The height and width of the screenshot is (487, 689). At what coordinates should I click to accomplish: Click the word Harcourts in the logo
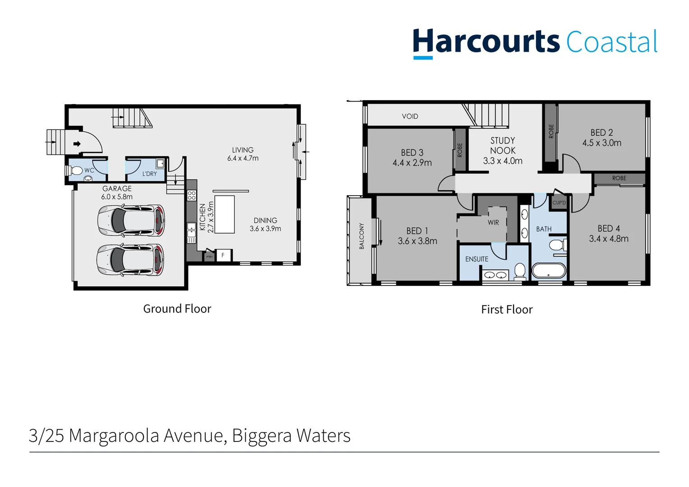click(x=486, y=42)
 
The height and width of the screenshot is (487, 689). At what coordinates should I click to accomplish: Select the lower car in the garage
click(x=130, y=260)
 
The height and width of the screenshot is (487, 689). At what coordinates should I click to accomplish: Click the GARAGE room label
click(x=117, y=188)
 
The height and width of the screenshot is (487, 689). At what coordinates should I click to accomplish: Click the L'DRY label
click(x=150, y=174)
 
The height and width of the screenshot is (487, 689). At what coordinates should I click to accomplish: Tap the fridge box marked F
click(x=223, y=255)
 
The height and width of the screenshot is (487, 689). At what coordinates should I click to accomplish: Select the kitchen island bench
click(x=224, y=214)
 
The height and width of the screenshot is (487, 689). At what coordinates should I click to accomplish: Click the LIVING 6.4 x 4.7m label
click(x=243, y=154)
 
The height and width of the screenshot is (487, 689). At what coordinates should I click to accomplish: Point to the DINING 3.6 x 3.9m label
click(x=265, y=225)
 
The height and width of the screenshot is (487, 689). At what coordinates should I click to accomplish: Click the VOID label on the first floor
click(x=410, y=116)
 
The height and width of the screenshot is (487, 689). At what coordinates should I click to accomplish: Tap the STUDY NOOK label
click(x=503, y=146)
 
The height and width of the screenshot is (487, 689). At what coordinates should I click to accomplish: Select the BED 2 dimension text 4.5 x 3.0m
click(x=602, y=143)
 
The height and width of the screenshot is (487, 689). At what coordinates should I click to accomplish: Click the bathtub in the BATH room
click(x=549, y=271)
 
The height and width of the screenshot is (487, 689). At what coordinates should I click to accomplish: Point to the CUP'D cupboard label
click(x=559, y=203)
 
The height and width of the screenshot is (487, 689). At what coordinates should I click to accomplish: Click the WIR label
click(x=493, y=222)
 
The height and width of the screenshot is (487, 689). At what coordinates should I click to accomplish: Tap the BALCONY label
click(x=362, y=236)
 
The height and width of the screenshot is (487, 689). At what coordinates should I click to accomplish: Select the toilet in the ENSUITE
click(x=520, y=271)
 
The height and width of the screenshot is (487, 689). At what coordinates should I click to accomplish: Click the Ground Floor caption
click(x=177, y=309)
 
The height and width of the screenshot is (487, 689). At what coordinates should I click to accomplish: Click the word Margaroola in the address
click(x=114, y=436)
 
